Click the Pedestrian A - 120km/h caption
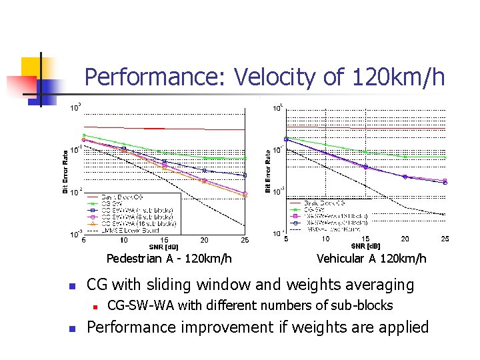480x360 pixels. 169,258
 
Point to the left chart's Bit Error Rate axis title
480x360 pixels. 65,171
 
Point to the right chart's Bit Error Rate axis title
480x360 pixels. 268,171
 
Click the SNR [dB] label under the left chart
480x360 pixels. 163,247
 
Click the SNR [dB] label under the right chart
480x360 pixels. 365,247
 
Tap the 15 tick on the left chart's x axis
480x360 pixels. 164,240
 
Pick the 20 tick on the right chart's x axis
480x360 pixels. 405,239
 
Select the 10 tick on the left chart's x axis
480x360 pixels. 124,240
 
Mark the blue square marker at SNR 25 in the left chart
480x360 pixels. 245,175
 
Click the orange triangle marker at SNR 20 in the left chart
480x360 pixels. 204,181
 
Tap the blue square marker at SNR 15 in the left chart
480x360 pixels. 164,161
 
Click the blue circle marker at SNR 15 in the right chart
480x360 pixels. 365,167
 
